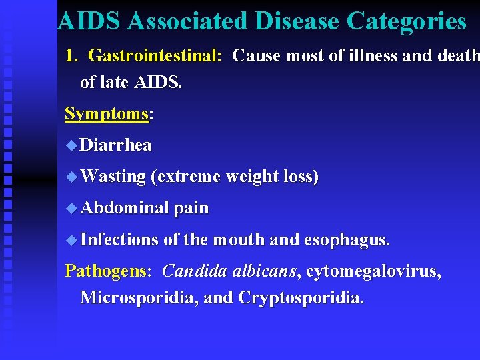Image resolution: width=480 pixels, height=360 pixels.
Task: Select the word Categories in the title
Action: click(x=407, y=21)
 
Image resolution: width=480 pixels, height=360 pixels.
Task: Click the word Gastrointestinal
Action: click(x=155, y=55)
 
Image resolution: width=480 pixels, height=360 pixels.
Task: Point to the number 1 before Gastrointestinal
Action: click(x=70, y=55)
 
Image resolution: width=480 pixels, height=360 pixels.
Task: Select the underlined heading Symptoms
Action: click(x=107, y=113)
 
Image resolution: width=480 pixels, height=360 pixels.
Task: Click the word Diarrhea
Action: click(x=115, y=145)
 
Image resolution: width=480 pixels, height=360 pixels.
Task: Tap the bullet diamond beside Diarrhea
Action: click(x=72, y=145)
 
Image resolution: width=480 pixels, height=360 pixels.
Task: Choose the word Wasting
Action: click(x=113, y=177)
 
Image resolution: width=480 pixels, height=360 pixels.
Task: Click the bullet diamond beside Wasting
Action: click(x=72, y=177)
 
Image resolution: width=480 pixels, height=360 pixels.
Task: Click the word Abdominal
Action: click(x=125, y=208)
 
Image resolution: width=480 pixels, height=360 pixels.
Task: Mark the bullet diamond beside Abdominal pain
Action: click(x=72, y=209)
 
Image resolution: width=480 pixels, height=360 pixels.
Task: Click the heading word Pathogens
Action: click(x=107, y=271)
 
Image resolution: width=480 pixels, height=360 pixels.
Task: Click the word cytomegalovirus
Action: click(x=373, y=271)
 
